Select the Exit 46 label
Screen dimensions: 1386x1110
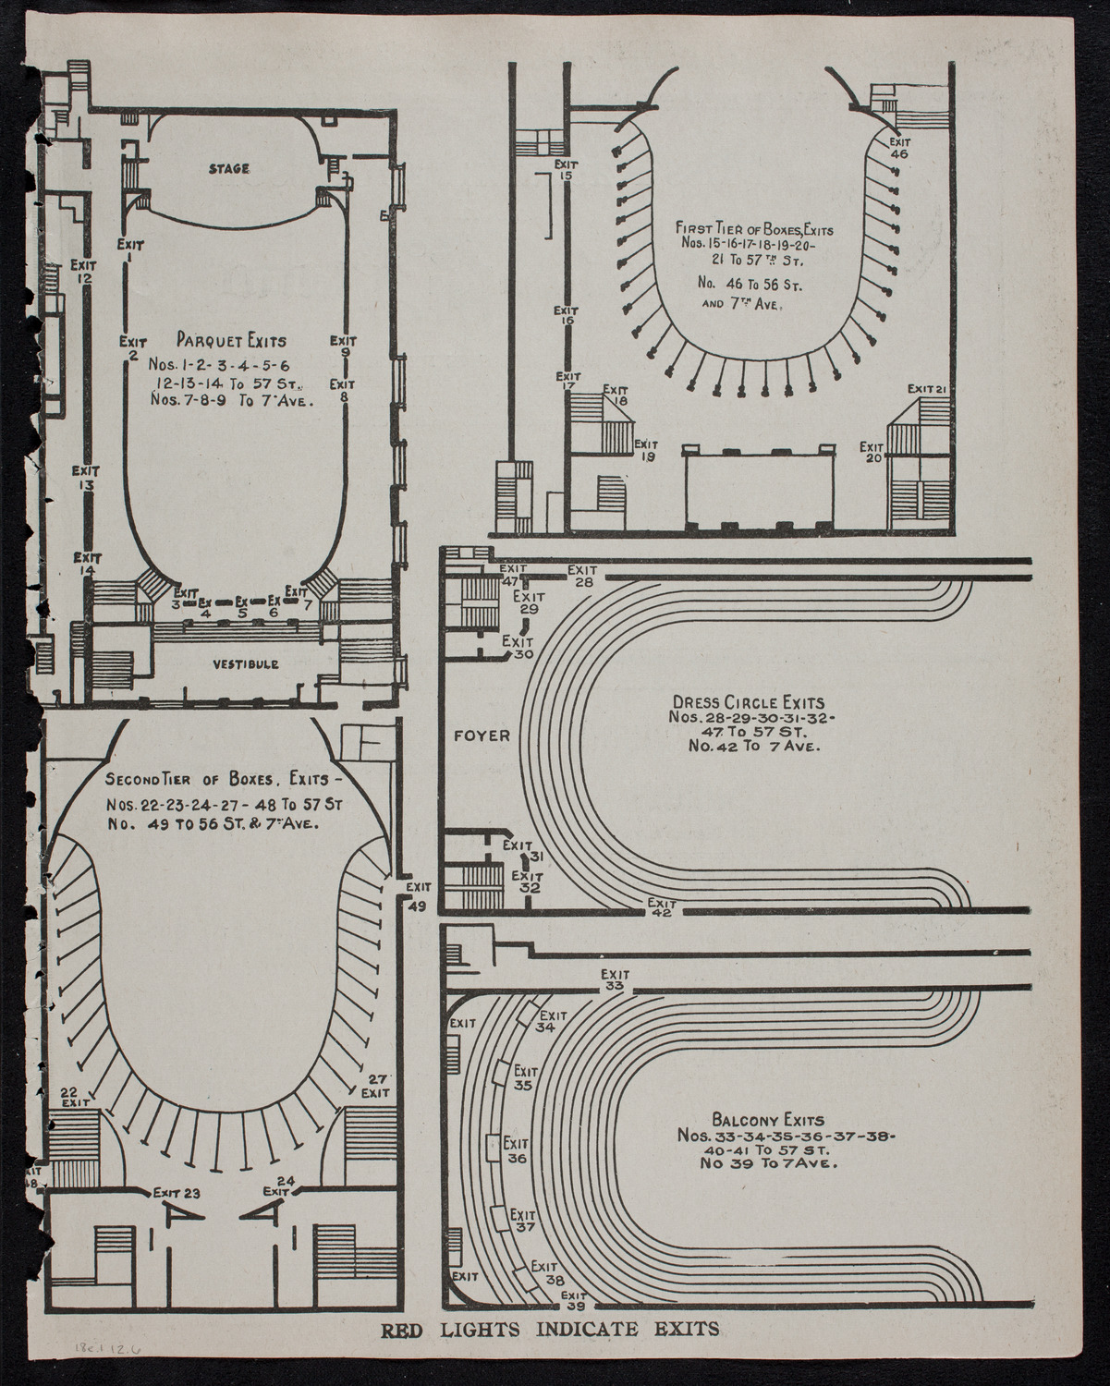pos(899,148)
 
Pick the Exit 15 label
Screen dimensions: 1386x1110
pos(566,169)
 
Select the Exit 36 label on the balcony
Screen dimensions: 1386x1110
pos(518,1151)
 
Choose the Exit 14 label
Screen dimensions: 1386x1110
pos(87,564)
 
